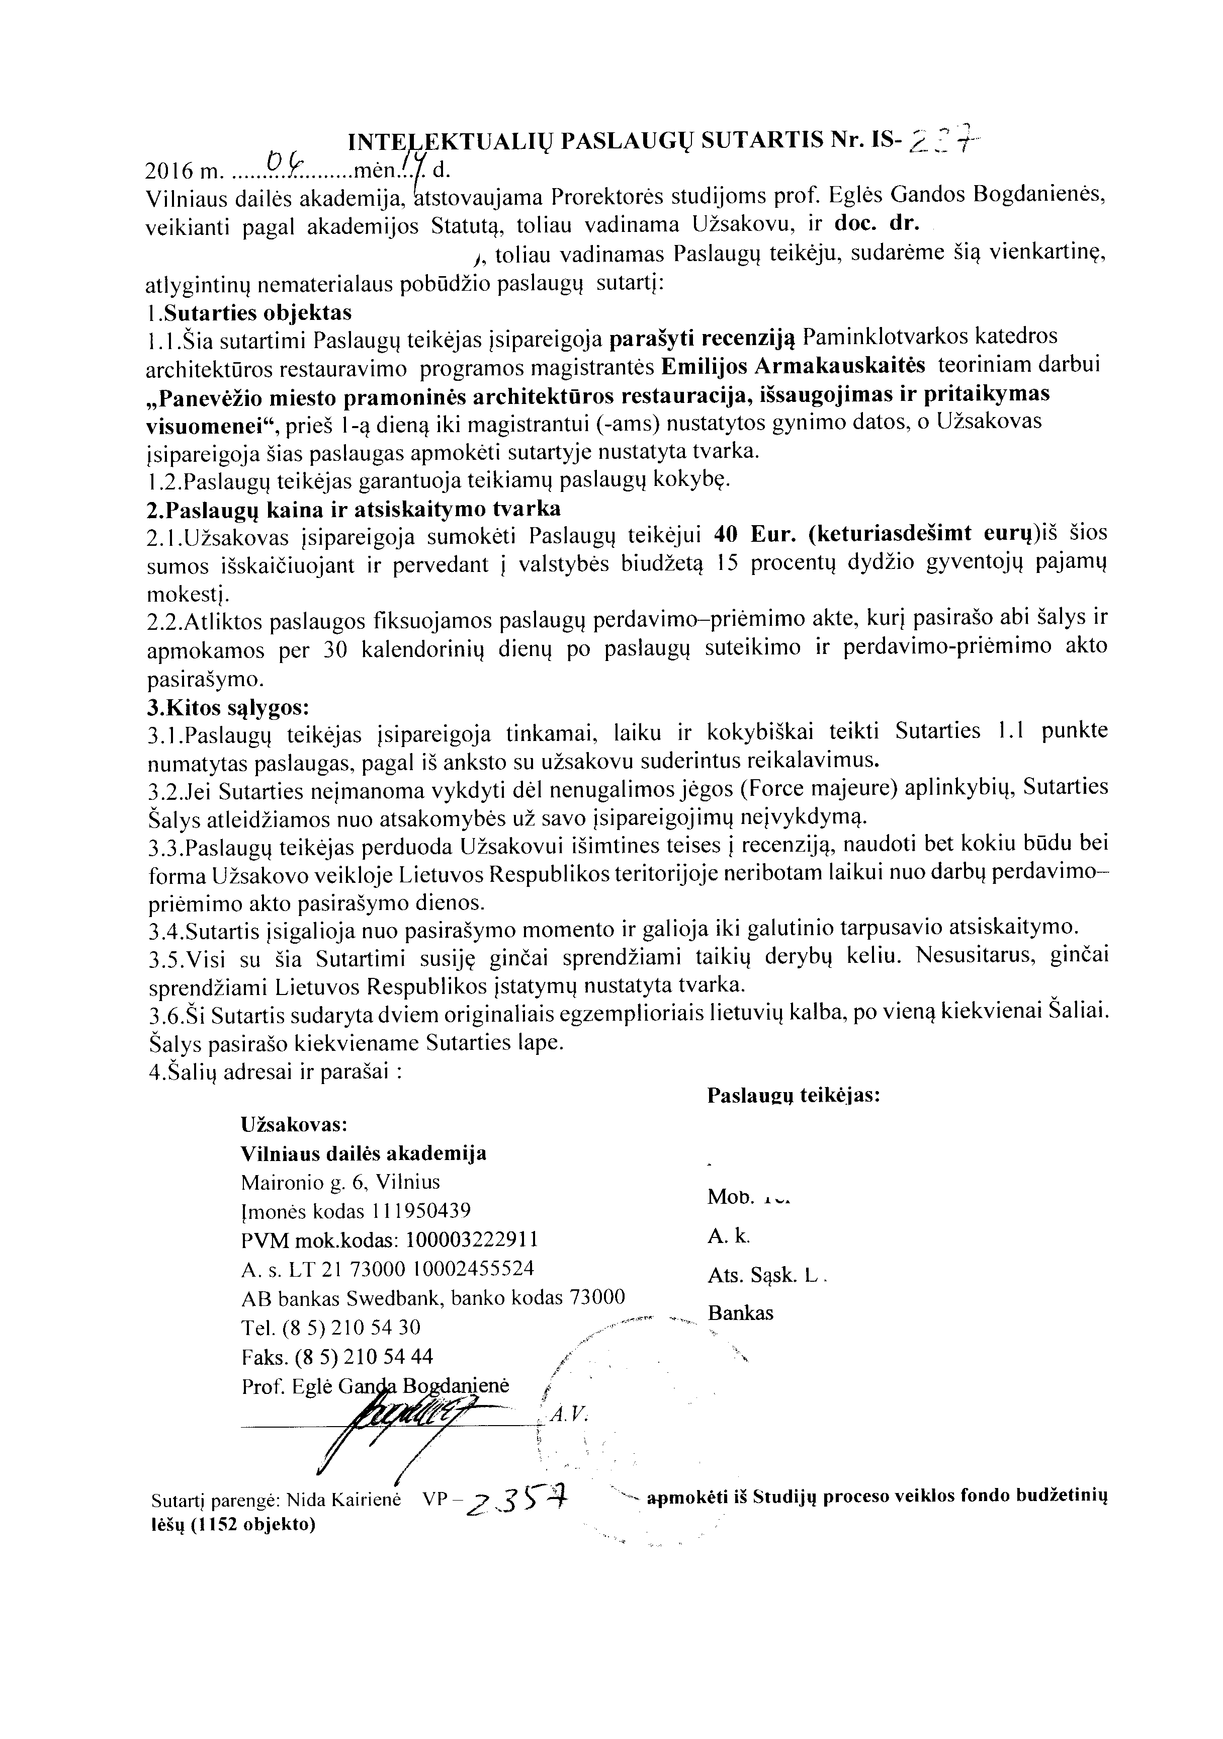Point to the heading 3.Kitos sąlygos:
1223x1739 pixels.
click(227, 708)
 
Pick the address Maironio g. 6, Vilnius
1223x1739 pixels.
click(340, 1182)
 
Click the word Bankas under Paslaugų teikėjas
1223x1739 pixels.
click(741, 1313)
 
